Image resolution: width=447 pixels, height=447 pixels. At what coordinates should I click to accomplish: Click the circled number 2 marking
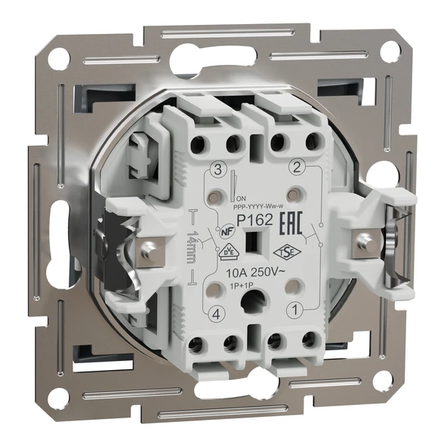pyautogui.click(x=298, y=167)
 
